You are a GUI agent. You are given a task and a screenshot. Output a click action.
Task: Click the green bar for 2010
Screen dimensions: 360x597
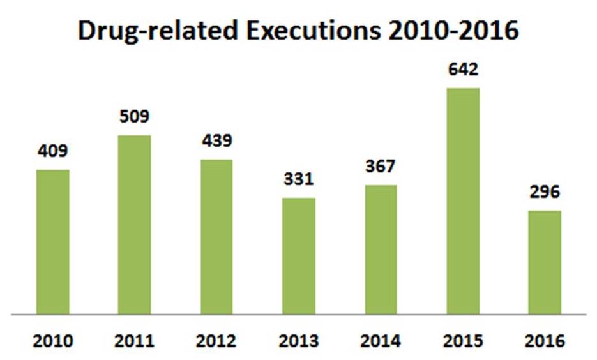click(x=53, y=242)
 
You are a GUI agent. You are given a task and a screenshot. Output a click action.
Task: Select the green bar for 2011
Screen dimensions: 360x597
click(x=135, y=225)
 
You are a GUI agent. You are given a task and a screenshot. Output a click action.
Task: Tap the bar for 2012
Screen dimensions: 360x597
click(x=216, y=237)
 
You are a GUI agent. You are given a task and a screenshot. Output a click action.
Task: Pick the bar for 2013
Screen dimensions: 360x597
click(x=299, y=256)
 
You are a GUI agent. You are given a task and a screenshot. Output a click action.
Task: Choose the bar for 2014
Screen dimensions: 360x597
click(x=381, y=250)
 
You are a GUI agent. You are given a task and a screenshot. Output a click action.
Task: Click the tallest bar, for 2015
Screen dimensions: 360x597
click(x=463, y=201)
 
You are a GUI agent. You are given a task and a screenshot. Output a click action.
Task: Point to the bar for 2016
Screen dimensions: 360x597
click(x=545, y=262)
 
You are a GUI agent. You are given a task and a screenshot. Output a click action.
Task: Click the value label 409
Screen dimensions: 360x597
click(x=53, y=152)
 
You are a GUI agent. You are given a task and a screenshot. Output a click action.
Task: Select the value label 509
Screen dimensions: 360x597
click(x=135, y=117)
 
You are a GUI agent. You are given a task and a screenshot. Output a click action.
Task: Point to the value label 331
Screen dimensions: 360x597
click(x=299, y=179)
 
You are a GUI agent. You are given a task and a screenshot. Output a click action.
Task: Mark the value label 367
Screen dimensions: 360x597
click(x=381, y=167)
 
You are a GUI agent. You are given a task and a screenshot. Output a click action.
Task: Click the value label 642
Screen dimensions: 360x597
click(x=463, y=70)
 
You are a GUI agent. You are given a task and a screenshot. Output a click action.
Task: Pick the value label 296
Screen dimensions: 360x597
click(x=545, y=192)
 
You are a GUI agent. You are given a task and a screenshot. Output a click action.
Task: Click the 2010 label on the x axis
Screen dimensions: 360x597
click(x=53, y=341)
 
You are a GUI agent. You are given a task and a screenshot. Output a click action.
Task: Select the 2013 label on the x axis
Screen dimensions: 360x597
click(x=299, y=341)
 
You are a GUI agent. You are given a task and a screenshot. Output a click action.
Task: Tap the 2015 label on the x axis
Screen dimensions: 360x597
click(x=463, y=341)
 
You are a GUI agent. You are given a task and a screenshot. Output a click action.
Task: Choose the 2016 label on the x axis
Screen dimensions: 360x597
click(x=545, y=341)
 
